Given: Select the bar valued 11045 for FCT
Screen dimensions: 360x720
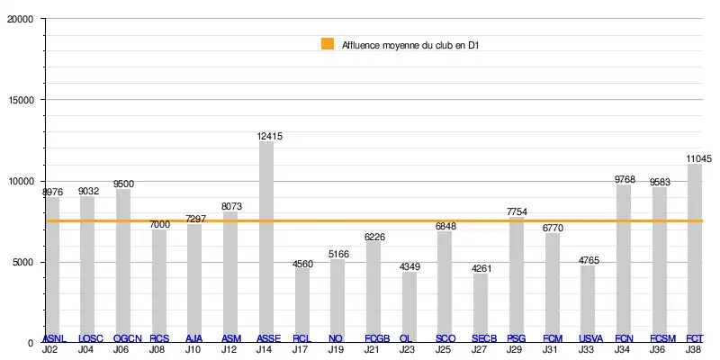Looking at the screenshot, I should tap(695, 252).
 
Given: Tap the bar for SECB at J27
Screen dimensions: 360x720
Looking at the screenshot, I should tap(481, 307).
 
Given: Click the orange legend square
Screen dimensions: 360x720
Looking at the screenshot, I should tap(328, 43).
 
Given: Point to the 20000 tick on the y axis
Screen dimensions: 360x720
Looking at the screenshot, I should tap(20, 20).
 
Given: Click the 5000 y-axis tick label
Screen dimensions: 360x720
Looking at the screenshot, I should tap(22, 262).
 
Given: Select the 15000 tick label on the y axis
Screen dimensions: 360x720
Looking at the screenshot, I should tap(20, 101).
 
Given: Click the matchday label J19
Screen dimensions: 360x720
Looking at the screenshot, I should tap(336, 349).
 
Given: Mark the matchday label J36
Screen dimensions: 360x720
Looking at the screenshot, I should tap(659, 349).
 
